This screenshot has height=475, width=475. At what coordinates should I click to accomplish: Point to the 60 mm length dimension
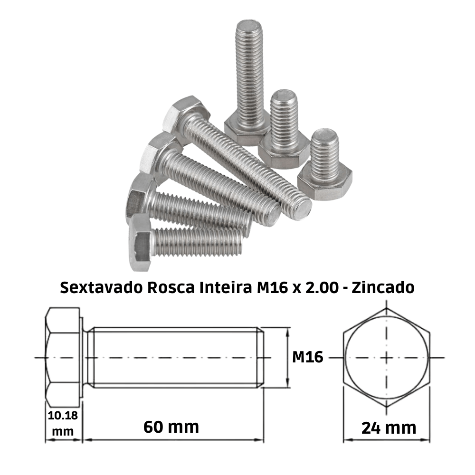click(171, 427)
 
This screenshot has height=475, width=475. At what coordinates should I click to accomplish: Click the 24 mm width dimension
click(389, 427)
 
